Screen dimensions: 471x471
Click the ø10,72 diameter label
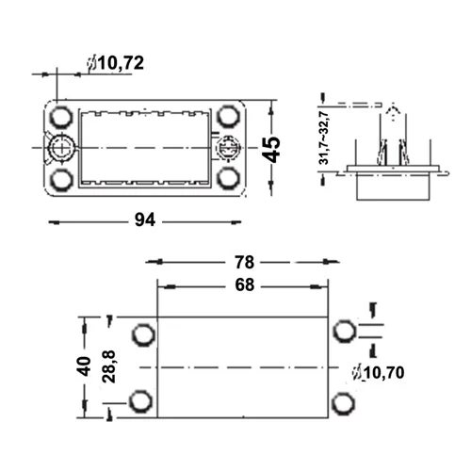click(x=116, y=63)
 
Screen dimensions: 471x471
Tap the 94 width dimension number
click(x=145, y=219)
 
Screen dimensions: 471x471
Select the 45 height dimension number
click(x=271, y=150)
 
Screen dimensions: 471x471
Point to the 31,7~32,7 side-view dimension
click(x=323, y=138)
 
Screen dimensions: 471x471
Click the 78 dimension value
click(x=244, y=262)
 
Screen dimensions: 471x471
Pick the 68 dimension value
click(x=244, y=285)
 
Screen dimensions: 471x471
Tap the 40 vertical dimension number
click(x=84, y=366)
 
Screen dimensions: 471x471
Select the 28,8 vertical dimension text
click(x=109, y=366)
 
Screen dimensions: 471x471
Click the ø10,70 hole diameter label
click(x=378, y=373)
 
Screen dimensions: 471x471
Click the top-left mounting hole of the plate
click(x=61, y=117)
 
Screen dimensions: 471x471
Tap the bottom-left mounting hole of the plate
click(x=61, y=180)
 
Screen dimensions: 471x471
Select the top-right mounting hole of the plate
click(x=228, y=117)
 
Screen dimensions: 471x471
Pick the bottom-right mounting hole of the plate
click(x=228, y=178)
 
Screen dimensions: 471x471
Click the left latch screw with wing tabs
click(x=60, y=148)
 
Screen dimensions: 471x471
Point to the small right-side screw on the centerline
click(x=229, y=148)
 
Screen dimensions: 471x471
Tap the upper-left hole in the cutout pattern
click(x=143, y=334)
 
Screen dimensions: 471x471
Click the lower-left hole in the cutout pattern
click(x=141, y=401)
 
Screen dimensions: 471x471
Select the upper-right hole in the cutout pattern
click(x=345, y=331)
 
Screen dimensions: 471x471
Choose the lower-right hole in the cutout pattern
click(x=343, y=403)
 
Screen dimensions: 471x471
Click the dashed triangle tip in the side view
click(x=392, y=105)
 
